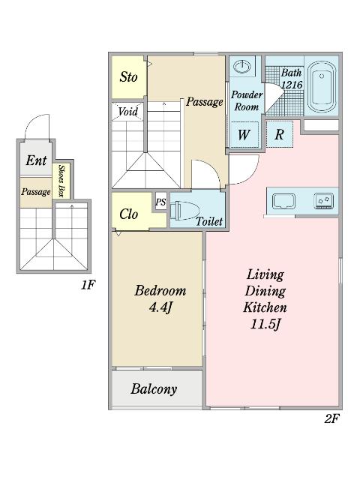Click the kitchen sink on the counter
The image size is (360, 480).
click(286, 200)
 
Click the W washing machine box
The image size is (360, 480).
click(244, 135)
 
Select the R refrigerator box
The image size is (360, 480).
click(278, 135)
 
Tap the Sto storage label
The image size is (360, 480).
click(129, 77)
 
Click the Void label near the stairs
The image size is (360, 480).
click(127, 112)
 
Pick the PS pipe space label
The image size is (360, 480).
click(160, 202)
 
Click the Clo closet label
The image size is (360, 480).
click(129, 214)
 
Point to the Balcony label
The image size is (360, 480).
click(154, 388)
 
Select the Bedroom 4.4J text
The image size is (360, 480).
click(160, 298)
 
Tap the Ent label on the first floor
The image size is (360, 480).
click(36, 160)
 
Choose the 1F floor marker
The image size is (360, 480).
click(88, 284)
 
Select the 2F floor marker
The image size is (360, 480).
click(332, 418)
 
